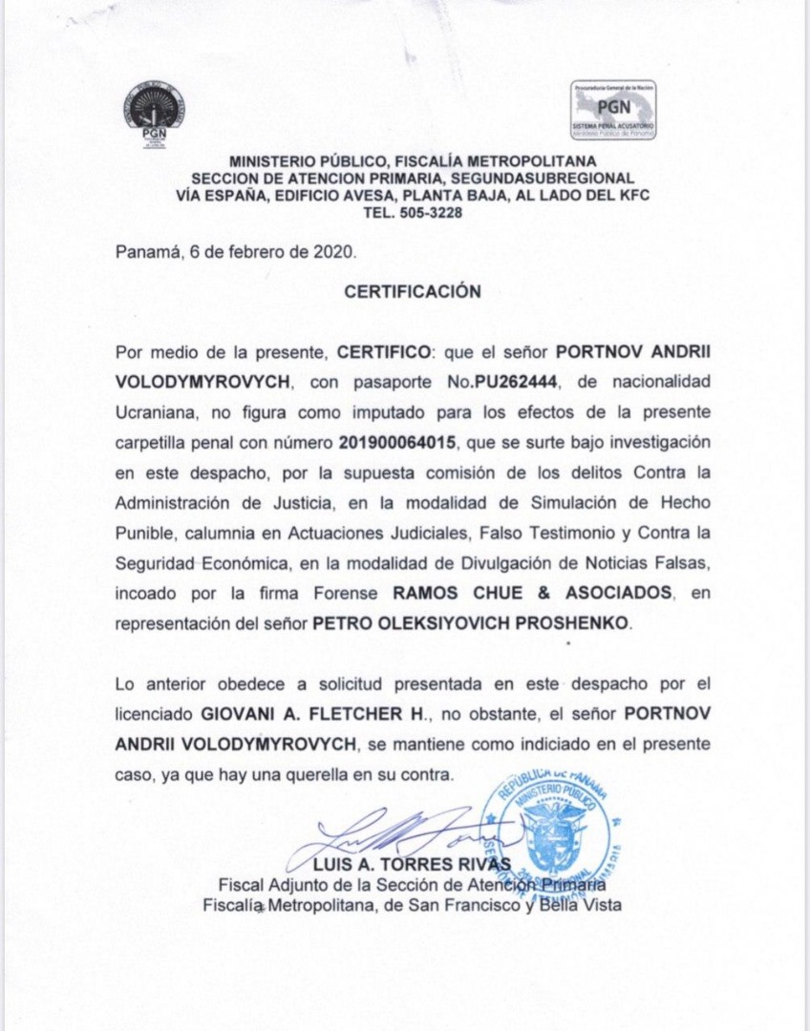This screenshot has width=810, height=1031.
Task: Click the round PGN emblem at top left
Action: [154, 112]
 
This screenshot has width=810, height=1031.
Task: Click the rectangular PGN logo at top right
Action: [613, 109]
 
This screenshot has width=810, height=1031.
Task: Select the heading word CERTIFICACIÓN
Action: [413, 292]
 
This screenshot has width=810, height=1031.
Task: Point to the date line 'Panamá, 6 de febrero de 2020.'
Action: [236, 253]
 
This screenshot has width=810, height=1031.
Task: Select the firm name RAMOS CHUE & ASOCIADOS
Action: [533, 593]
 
